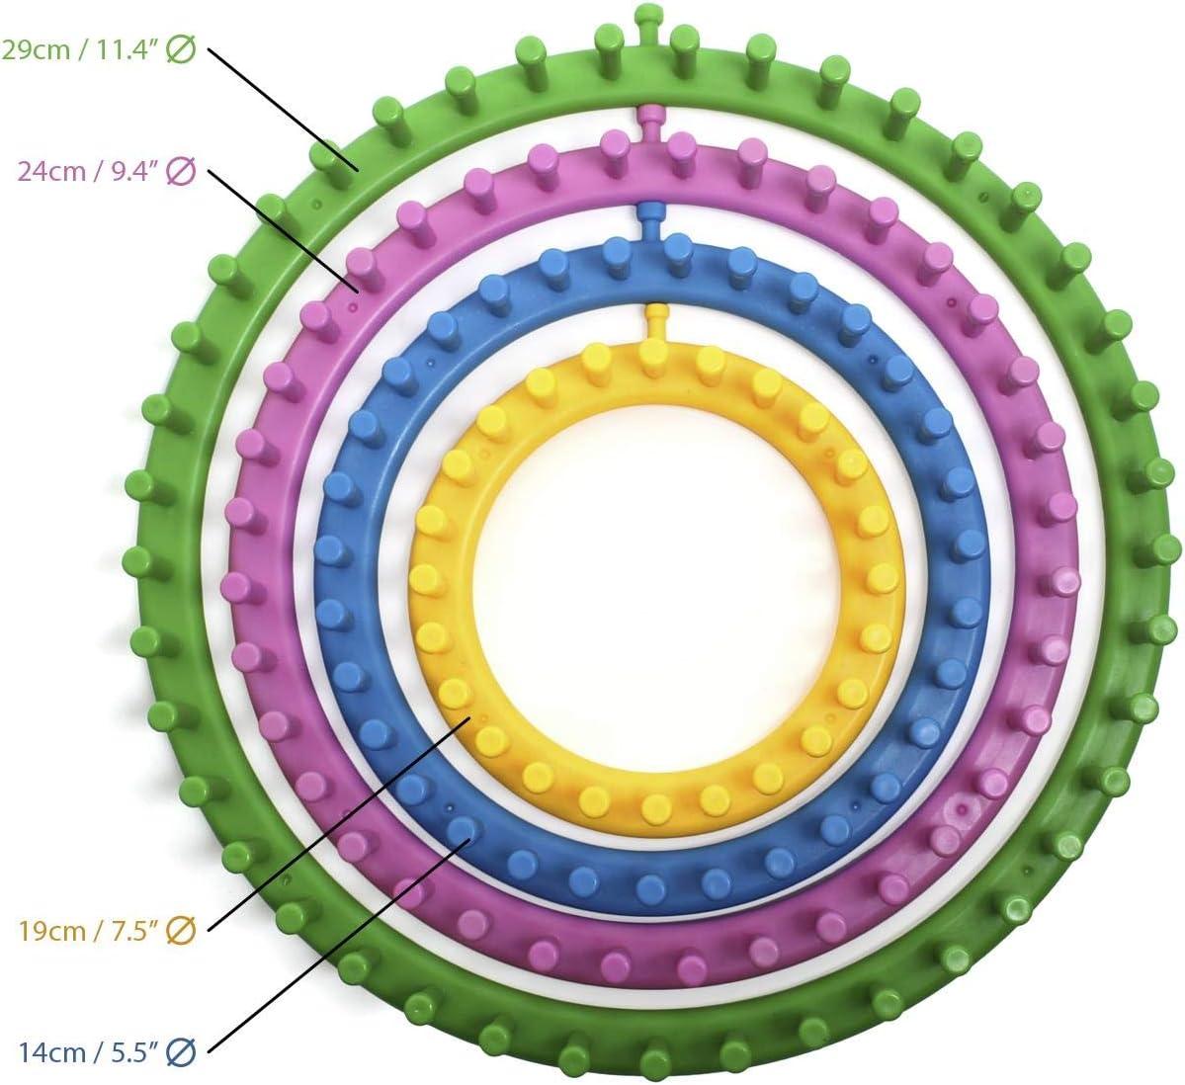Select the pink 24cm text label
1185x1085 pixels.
coord(107,171)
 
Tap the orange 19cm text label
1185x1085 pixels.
coord(107,930)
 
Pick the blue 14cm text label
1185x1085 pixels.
coord(107,1051)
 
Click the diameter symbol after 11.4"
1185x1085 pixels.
coord(182,49)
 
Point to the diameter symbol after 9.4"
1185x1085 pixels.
coord(182,171)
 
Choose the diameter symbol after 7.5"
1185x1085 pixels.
coord(182,930)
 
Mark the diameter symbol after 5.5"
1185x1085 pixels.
coord(182,1051)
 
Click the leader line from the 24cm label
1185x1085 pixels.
coord(283,230)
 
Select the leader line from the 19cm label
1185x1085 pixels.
coord(340,823)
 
